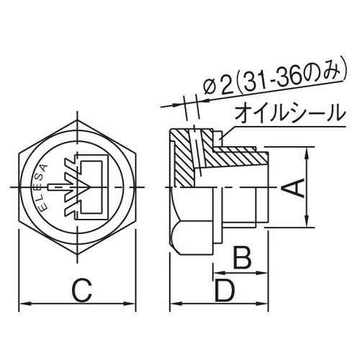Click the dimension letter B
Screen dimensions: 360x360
pyautogui.click(x=242, y=256)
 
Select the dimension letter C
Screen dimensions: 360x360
pyautogui.click(x=81, y=292)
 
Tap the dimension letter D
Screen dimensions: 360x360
pyautogui.click(x=225, y=292)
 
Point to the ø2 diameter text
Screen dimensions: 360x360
pyautogui.click(x=217, y=87)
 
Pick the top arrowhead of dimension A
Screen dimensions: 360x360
pyautogui.click(x=309, y=150)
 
